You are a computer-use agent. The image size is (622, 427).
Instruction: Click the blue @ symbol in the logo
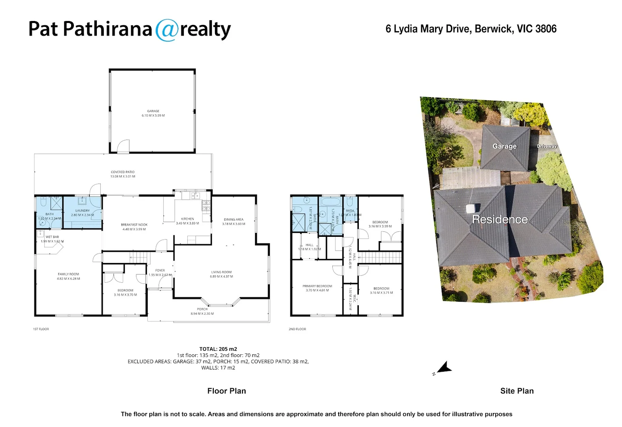pyautogui.click(x=167, y=30)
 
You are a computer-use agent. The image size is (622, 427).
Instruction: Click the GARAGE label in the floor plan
pyautogui.click(x=153, y=111)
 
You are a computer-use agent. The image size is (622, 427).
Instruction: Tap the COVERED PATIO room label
pyautogui.click(x=123, y=172)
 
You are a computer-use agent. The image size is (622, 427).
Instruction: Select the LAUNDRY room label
pyautogui.click(x=83, y=211)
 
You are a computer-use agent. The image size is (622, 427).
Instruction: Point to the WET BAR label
pyautogui.click(x=52, y=237)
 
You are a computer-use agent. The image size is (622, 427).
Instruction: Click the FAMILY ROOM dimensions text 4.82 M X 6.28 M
pyautogui.click(x=68, y=279)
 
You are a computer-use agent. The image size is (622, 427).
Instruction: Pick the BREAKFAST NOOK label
pyautogui.click(x=134, y=225)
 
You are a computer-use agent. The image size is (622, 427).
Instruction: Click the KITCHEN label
pyautogui.click(x=187, y=219)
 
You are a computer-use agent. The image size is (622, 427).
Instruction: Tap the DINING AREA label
pyautogui.click(x=234, y=219)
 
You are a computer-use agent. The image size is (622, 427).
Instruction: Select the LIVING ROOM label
pyautogui.click(x=221, y=272)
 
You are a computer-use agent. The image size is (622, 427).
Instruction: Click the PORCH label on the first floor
pyautogui.click(x=202, y=309)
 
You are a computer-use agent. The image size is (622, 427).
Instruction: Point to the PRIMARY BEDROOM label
pyautogui.click(x=317, y=286)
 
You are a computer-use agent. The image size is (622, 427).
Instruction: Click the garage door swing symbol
pyautogui.click(x=123, y=146)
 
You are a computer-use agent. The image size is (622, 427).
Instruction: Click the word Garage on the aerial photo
pyautogui.click(x=505, y=146)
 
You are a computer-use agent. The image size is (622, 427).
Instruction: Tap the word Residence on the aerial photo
pyautogui.click(x=500, y=219)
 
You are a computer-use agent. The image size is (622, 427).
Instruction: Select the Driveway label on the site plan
pyautogui.click(x=547, y=146)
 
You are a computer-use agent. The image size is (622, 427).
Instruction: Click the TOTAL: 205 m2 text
pyautogui.click(x=218, y=349)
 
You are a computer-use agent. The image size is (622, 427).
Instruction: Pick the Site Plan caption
pyautogui.click(x=517, y=391)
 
